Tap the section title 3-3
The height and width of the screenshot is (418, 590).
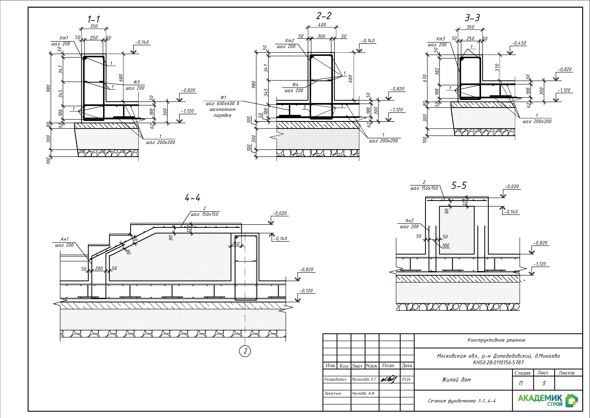pos(472,18)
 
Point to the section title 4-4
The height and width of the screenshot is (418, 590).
pos(192,198)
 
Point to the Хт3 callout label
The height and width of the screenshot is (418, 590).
pos(440,39)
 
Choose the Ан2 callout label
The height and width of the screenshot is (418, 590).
pos(409,221)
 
